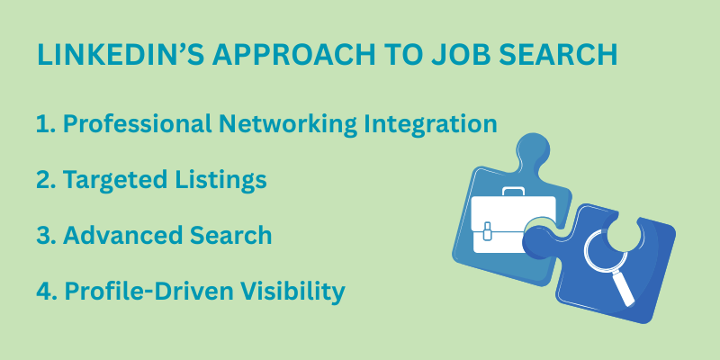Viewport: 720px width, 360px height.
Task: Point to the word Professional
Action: click(x=138, y=124)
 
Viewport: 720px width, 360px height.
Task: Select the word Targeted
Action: click(x=115, y=180)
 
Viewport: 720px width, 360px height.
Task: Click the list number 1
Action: click(x=43, y=124)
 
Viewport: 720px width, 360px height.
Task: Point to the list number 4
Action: click(x=46, y=291)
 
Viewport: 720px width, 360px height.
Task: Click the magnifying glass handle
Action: click(x=624, y=288)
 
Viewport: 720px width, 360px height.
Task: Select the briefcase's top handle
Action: click(x=513, y=191)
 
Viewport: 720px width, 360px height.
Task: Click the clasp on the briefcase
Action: click(x=488, y=230)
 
